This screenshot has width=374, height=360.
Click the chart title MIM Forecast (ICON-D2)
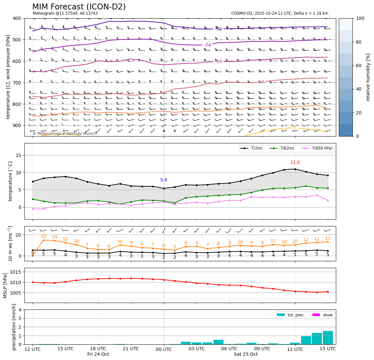(x=79, y=7)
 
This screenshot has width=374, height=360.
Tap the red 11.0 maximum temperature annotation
(x=295, y=163)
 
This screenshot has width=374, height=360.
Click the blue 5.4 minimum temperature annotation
(x=164, y=180)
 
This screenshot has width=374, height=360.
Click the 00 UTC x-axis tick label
(x=164, y=349)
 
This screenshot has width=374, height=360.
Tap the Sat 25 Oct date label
(x=246, y=354)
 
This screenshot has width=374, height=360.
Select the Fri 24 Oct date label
(x=98, y=354)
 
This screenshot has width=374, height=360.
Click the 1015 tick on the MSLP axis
(x=16, y=272)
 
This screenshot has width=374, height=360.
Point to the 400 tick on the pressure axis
(x=16, y=18)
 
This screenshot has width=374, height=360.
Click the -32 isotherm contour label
(x=219, y=29)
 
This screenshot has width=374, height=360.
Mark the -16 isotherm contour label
(x=219, y=62)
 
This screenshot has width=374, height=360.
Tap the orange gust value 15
(x=43, y=237)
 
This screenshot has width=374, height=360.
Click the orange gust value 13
(x=328, y=238)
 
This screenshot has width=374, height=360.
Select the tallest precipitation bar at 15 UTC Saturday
(x=328, y=338)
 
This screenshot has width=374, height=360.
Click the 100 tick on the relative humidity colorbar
(x=360, y=18)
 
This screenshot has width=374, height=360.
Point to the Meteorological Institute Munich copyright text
(x=65, y=134)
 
